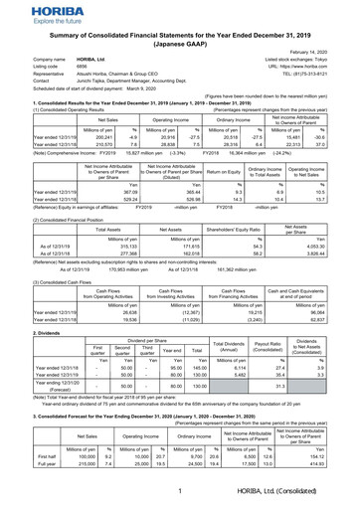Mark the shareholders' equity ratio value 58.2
(255, 253)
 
